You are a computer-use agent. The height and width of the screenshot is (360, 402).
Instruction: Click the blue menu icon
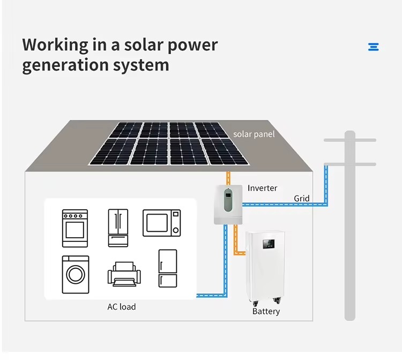(x=373, y=47)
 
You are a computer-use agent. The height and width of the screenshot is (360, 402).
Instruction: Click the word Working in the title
(x=55, y=45)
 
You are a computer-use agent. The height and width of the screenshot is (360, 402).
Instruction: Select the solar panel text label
(x=254, y=134)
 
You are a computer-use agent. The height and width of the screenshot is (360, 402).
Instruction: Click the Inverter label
(x=262, y=188)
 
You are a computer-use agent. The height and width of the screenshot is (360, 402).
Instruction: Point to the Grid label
(x=301, y=199)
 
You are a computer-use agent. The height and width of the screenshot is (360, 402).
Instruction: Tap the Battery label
(x=266, y=311)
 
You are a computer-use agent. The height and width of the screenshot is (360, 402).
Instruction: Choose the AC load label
(x=122, y=307)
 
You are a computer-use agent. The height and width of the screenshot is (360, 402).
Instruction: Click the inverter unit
(x=228, y=204)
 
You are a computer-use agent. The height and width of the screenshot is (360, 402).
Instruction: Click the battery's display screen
(x=269, y=244)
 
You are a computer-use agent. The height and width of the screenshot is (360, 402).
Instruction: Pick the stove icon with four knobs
(x=75, y=229)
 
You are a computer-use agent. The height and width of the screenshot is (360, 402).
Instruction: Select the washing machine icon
(x=76, y=275)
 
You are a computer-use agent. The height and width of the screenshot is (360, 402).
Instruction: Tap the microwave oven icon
(x=161, y=223)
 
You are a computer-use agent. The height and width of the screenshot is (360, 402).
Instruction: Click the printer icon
(x=124, y=274)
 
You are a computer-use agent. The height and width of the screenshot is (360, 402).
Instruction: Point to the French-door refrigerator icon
(x=118, y=228)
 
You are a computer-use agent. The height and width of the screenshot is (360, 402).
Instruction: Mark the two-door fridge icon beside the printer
(x=168, y=268)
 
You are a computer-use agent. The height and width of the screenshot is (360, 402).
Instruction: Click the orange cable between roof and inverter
(x=228, y=178)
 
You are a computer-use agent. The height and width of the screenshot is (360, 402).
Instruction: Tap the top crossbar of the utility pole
(x=350, y=140)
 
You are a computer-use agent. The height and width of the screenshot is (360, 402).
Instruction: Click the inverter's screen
(x=228, y=195)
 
